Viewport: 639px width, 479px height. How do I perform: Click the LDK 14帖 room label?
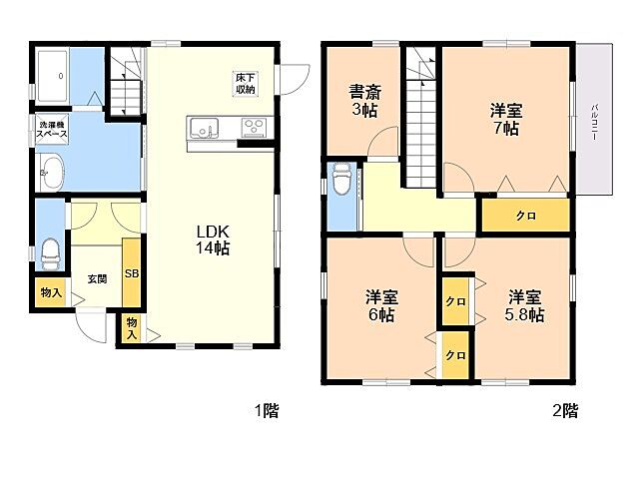(213, 239)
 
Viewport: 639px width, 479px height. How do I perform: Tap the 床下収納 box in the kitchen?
(246, 84)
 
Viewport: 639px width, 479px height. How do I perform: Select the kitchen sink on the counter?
(203, 128)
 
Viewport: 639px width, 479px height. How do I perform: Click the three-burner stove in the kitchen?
(254, 128)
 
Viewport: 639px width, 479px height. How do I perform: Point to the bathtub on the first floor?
(52, 76)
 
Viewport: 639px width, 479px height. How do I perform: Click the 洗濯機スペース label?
(51, 130)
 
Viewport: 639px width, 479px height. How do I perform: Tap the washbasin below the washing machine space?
(51, 172)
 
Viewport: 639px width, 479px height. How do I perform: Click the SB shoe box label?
(132, 273)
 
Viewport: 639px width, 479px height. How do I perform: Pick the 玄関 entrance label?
(98, 279)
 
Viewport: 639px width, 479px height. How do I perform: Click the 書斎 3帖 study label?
(364, 101)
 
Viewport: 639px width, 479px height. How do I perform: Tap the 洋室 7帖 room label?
(506, 119)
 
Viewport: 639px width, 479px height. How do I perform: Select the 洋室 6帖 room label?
(381, 305)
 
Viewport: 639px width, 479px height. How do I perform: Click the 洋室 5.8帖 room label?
(524, 305)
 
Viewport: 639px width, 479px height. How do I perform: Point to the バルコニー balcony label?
(595, 122)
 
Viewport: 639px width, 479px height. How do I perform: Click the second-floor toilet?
(341, 180)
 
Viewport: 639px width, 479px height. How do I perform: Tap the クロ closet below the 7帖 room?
(526, 216)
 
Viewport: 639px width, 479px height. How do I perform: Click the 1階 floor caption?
(267, 410)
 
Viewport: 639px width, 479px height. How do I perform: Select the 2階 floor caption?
(565, 410)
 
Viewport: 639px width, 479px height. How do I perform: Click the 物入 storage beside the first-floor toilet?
(51, 292)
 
